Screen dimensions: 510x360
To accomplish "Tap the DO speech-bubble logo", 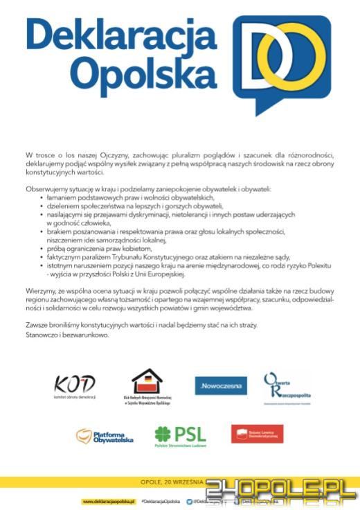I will [x=280, y=63].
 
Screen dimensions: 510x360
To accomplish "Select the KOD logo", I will [x=75, y=385].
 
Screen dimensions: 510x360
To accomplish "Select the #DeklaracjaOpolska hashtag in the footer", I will [x=161, y=501].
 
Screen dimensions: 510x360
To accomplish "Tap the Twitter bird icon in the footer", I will [x=190, y=501].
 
